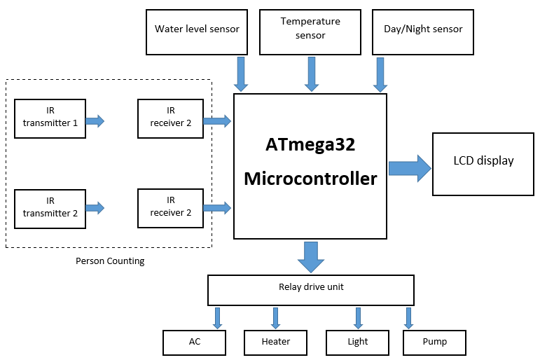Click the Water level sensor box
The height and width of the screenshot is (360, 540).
(x=197, y=32)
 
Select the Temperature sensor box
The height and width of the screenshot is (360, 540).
(x=310, y=32)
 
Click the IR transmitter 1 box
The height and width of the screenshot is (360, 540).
(x=50, y=121)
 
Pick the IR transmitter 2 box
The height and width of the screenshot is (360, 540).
(x=50, y=208)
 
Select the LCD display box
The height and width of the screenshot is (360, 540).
(x=483, y=163)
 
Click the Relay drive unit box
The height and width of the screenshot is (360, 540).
(x=311, y=288)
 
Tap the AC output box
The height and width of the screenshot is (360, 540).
(x=194, y=342)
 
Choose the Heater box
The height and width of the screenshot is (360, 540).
(x=275, y=342)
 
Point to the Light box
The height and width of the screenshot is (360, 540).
(x=357, y=342)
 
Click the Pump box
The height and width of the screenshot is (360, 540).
(x=434, y=342)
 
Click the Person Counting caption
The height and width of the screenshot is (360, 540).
(x=110, y=261)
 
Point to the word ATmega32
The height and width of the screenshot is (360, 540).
(x=310, y=145)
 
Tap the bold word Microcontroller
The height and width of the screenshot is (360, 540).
(x=310, y=179)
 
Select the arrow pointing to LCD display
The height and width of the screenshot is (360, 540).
(x=410, y=168)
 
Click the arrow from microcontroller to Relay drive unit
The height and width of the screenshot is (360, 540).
(x=311, y=257)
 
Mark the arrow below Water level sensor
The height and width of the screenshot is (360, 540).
(x=241, y=74)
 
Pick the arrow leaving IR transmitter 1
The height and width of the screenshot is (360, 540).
(x=95, y=121)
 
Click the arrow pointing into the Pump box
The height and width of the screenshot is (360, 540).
(x=408, y=317)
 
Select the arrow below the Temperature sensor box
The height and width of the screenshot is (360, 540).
(x=310, y=74)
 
